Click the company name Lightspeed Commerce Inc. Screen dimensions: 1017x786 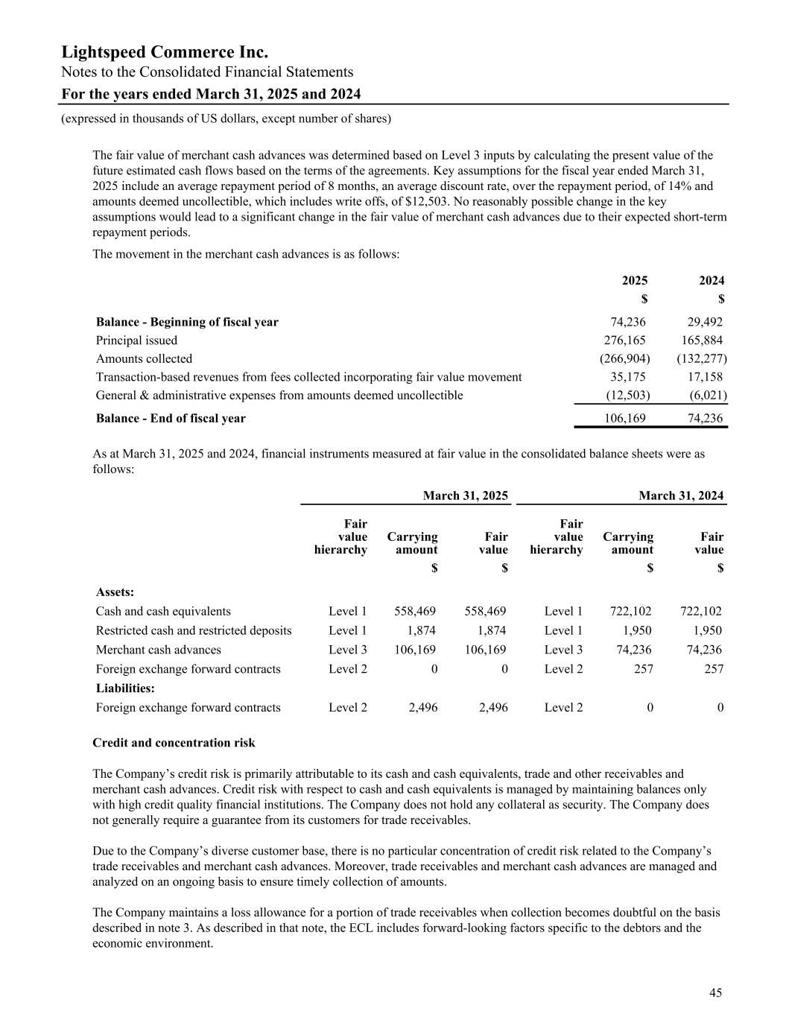pos(165,52)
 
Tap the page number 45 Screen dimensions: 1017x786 pos(715,992)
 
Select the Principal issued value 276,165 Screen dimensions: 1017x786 pos(624,340)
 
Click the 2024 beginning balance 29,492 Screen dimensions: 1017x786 pos(703,322)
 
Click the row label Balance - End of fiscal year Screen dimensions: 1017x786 pos(171,419)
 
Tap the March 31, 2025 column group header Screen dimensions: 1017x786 pos(466,496)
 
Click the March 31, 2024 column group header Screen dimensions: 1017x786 pos(681,496)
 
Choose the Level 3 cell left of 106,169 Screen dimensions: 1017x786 pos(347,650)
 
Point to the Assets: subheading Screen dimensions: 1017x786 pos(115,592)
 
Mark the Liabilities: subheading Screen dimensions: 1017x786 pos(125,688)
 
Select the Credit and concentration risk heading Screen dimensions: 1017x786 pos(174,743)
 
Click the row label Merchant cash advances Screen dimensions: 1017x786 pos(159,650)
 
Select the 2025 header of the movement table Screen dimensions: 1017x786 pos(635,281)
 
